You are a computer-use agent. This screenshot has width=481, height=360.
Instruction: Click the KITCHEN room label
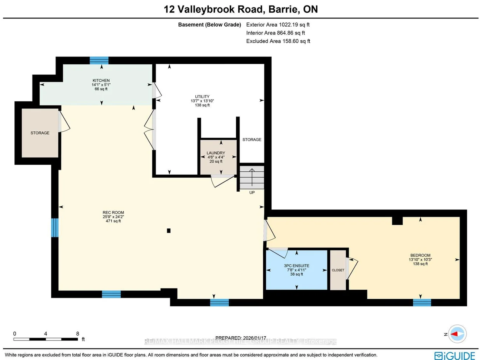click(x=101, y=80)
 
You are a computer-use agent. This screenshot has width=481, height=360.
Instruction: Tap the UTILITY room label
click(x=202, y=97)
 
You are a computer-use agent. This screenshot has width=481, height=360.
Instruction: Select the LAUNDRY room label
click(x=216, y=153)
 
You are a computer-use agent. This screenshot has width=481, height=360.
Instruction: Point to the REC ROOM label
click(x=113, y=212)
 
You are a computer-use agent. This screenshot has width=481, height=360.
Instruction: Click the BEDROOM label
click(x=420, y=255)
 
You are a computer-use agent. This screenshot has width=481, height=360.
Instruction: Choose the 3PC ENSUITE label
click(x=296, y=266)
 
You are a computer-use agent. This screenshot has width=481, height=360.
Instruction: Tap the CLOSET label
click(x=338, y=270)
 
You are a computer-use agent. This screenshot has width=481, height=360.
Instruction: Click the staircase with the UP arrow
click(x=252, y=177)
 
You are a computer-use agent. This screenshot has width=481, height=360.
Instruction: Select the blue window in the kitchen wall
click(x=99, y=60)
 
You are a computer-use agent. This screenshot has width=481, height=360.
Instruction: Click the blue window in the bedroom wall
click(x=422, y=302)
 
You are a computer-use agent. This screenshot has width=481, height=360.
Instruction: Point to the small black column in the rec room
click(x=168, y=231)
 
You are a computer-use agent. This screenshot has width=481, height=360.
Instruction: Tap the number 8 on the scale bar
click(x=78, y=334)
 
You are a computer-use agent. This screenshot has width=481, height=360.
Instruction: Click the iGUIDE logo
click(x=454, y=356)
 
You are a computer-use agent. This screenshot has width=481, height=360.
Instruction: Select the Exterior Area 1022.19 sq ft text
click(x=278, y=24)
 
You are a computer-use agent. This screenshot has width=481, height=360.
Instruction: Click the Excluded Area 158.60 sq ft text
click(x=278, y=41)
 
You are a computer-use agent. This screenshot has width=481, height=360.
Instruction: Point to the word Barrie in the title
click(x=284, y=9)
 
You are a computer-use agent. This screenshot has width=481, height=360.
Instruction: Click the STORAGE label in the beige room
click(x=40, y=133)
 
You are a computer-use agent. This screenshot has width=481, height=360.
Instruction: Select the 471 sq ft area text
click(x=113, y=221)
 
